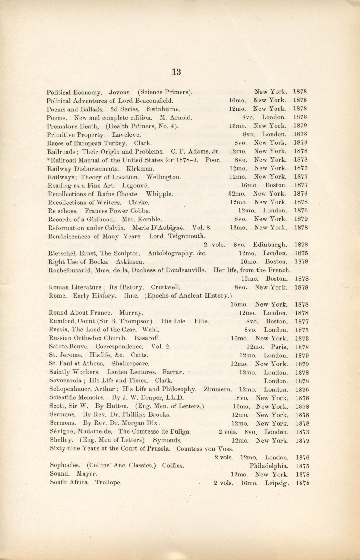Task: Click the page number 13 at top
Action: [176, 72]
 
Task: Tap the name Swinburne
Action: [164, 109]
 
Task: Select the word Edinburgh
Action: [270, 245]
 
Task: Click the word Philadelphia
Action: [269, 466]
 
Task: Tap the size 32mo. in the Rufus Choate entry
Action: [237, 194]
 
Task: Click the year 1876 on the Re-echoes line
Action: [301, 211]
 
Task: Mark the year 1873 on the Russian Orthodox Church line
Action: [302, 338]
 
